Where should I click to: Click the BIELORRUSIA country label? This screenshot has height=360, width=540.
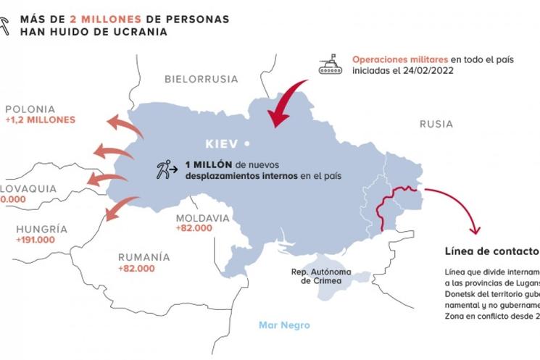[x=201, y=78]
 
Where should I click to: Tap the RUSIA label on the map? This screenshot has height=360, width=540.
[x=436, y=125]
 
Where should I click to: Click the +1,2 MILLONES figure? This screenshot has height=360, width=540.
[x=39, y=120]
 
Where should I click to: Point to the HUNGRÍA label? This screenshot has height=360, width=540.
[x=42, y=229]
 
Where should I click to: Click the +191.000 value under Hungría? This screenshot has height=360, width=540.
[x=36, y=240]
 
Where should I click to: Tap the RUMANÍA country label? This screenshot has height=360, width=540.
[x=144, y=257]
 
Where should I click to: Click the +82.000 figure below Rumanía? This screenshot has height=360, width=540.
[x=136, y=269]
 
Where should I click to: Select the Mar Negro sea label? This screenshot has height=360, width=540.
[x=284, y=325]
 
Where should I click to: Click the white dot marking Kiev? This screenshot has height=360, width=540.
[x=246, y=143]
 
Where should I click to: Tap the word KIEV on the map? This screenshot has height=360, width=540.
[x=221, y=143]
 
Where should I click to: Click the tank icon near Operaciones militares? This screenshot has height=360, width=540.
[x=331, y=63]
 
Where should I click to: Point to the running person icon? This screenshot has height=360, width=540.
[x=165, y=171]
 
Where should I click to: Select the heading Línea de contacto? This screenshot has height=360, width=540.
[x=492, y=251]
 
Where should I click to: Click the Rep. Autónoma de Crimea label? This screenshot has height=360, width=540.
[x=306, y=275]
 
